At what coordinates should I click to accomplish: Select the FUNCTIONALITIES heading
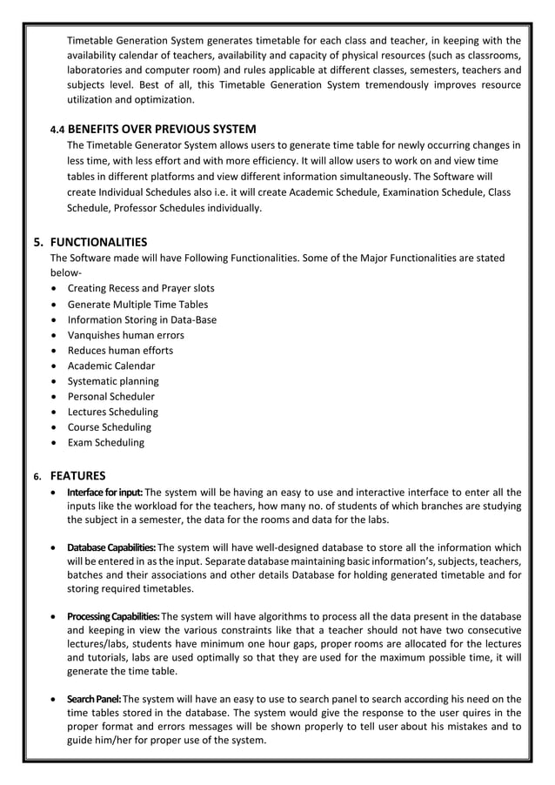[98, 242]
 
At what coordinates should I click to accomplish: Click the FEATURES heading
[78, 476]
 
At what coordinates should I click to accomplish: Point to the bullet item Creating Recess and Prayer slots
[141, 288]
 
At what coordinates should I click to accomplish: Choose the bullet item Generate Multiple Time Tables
[137, 304]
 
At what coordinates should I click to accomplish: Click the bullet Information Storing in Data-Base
[142, 319]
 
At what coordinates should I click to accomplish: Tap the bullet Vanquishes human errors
[125, 335]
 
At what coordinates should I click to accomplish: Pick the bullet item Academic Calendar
[111, 366]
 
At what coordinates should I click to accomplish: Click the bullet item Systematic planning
[113, 381]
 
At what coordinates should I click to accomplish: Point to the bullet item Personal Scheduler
[110, 396]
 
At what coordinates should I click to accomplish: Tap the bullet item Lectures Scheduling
[113, 412]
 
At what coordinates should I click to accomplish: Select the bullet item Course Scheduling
[109, 427]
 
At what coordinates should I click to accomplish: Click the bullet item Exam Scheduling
[106, 442]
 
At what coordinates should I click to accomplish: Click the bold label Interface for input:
[105, 492]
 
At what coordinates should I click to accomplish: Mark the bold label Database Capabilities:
[111, 547]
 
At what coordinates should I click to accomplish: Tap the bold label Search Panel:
[95, 699]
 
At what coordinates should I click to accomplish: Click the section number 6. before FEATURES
[37, 477]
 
